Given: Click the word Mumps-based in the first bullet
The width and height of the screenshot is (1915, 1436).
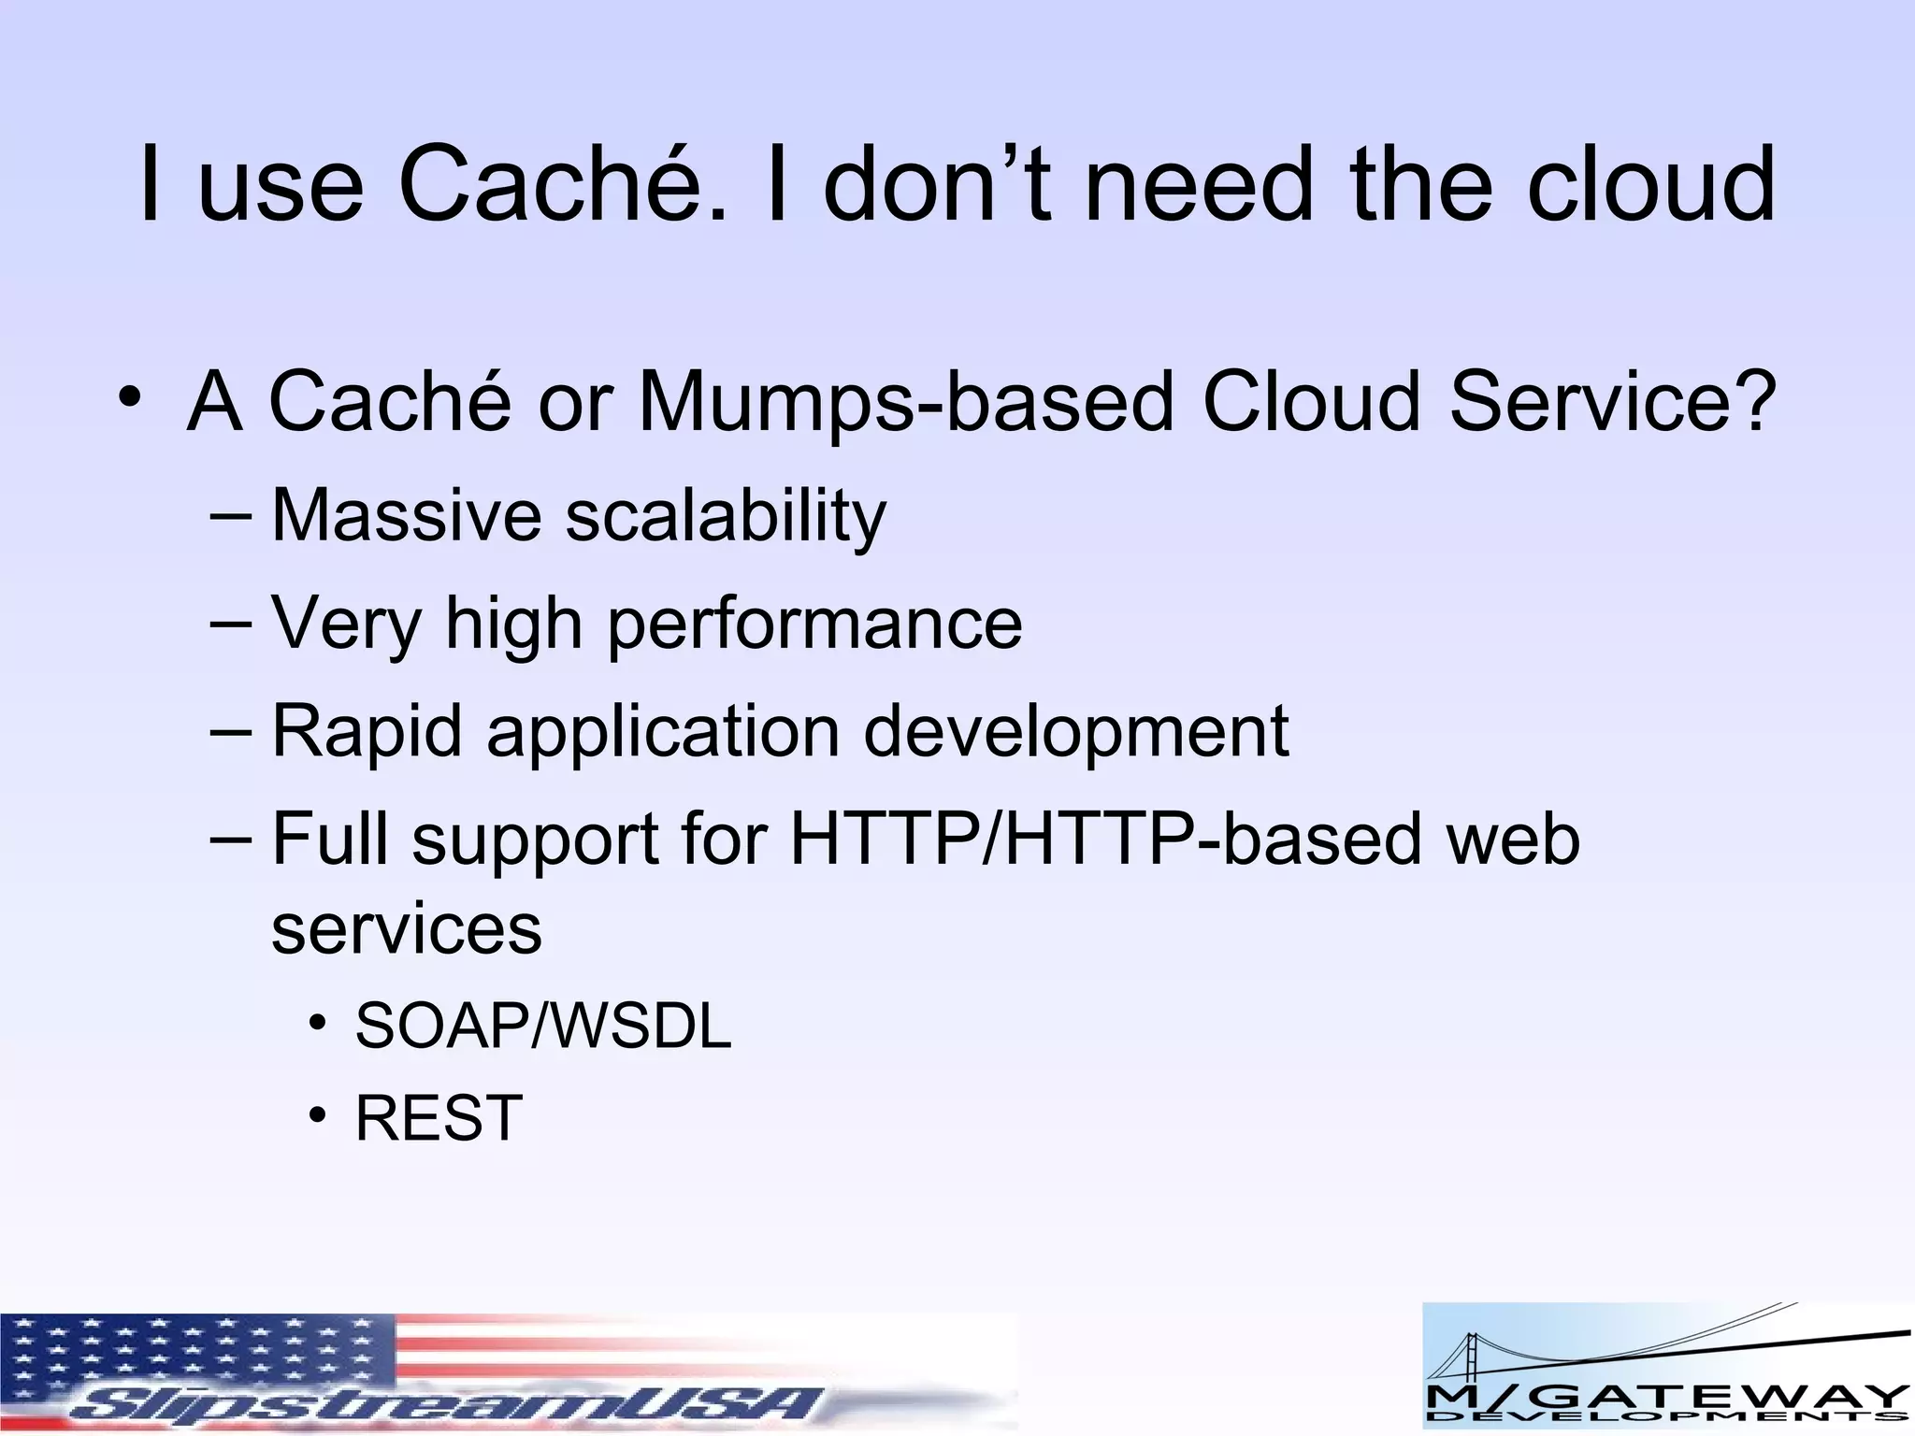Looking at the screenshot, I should tap(904, 403).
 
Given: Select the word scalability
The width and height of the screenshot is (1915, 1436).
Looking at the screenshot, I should tap(726, 517).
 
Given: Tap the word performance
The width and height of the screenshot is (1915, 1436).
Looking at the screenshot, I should tap(814, 625).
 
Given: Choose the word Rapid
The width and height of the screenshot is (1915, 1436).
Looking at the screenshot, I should tap(367, 731).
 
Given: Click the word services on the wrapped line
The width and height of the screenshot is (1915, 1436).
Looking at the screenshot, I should tap(407, 929).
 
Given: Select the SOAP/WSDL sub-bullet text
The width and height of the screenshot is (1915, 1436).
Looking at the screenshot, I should tap(543, 1027).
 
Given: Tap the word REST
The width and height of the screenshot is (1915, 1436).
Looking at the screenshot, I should tap(439, 1118).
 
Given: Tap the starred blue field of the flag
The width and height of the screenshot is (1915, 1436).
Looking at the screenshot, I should tap(187, 1351).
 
